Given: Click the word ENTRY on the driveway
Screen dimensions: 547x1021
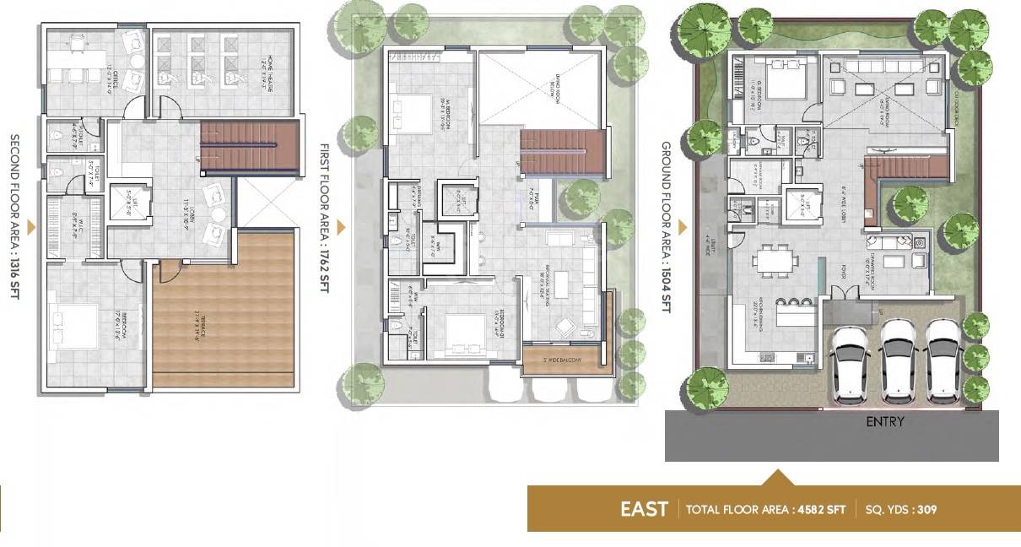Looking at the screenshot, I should [884, 421].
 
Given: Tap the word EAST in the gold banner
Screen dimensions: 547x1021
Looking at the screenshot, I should [644, 509].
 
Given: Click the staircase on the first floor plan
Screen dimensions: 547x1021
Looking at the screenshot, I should [563, 152].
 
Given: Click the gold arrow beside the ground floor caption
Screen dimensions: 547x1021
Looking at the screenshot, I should [681, 227].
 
